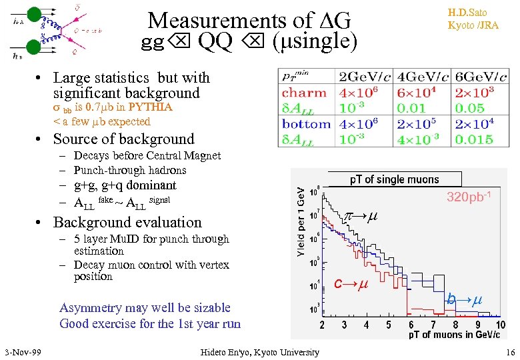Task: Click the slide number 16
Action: pyautogui.click(x=510, y=352)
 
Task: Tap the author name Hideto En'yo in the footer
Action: pyautogui.click(x=259, y=352)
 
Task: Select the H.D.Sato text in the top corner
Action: pyautogui.click(x=473, y=13)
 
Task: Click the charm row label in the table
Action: pyautogui.click(x=304, y=93)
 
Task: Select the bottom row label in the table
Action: pyautogui.click(x=306, y=124)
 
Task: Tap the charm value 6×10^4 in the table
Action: pyautogui.click(x=423, y=93)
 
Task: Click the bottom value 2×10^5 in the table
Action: pyautogui.click(x=423, y=124)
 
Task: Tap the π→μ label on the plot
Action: pyautogui.click(x=360, y=217)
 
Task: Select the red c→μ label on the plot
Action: pyautogui.click(x=351, y=285)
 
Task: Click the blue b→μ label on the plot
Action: pyautogui.click(x=464, y=300)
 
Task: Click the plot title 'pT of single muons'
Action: pyautogui.click(x=395, y=179)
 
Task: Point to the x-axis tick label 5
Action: pyautogui.click(x=389, y=325)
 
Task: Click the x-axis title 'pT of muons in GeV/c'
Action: pyautogui.click(x=453, y=334)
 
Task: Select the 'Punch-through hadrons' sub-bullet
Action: pyautogui.click(x=129, y=170)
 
